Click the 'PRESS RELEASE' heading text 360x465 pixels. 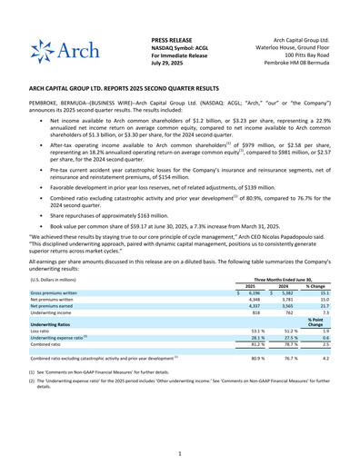point(174,42)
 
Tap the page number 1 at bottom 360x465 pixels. point(180,452)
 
